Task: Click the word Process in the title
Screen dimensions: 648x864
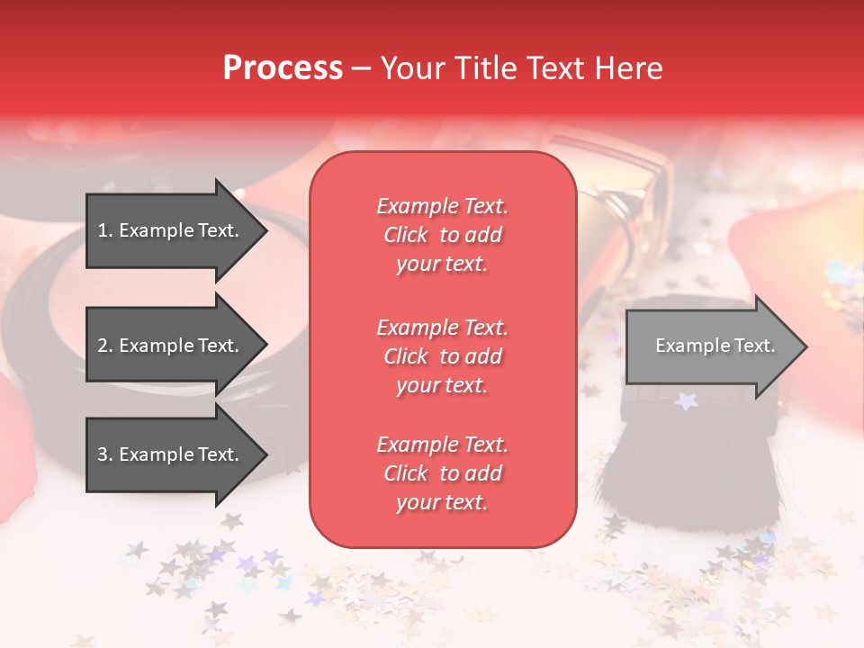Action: click(x=283, y=68)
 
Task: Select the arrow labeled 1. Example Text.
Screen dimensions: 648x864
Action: click(x=171, y=230)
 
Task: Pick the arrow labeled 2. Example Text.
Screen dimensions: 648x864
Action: click(x=171, y=346)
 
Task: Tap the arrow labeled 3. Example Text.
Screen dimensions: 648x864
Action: click(x=171, y=454)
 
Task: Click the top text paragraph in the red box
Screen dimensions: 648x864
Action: click(x=442, y=235)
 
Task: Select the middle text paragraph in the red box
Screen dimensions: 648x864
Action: click(x=442, y=356)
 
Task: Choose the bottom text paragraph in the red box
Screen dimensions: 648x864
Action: click(x=442, y=473)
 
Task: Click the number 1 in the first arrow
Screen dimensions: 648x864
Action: click(x=103, y=230)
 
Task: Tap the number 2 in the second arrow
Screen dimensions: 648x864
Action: click(x=103, y=346)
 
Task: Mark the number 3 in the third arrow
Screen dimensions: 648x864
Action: click(x=103, y=454)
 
